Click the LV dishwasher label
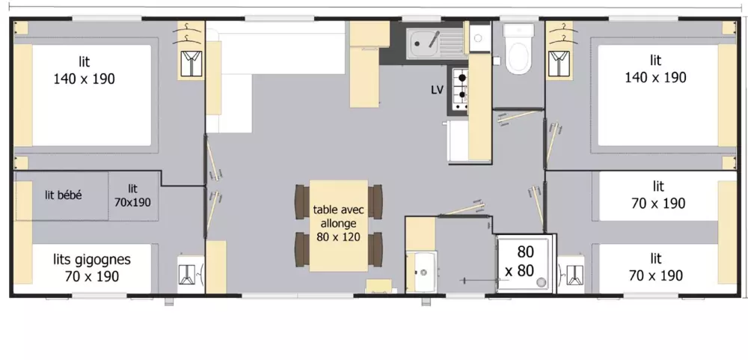tap(438, 90)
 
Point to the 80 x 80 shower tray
tap(524, 262)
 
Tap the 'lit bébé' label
tap(64, 195)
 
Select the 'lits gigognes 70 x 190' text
tap(92, 267)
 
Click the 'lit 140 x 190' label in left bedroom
tap(84, 70)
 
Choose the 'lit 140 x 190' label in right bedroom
tap(655, 69)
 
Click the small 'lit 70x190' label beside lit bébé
tap(133, 195)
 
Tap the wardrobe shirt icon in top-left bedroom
tap(191, 63)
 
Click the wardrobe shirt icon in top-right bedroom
tap(557, 63)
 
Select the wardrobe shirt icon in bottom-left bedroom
tap(186, 274)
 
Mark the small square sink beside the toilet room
tap(479, 34)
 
